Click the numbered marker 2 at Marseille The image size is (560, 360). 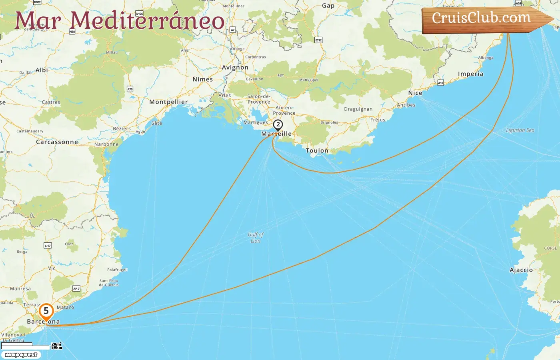278,125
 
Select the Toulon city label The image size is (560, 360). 317,151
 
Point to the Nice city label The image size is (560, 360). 415,93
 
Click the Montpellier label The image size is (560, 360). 168,102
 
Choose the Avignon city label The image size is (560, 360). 235,68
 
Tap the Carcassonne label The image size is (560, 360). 57,142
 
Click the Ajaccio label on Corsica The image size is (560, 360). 521,270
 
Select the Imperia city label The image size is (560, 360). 470,74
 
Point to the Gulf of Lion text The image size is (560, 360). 256,238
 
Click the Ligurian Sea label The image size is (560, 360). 520,130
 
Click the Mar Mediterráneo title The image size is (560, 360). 120,21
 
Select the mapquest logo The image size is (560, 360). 21,355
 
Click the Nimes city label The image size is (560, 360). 203,79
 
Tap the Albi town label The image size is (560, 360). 42,70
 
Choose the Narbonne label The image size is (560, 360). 106,144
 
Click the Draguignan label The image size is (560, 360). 358,109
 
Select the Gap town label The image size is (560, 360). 328,6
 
